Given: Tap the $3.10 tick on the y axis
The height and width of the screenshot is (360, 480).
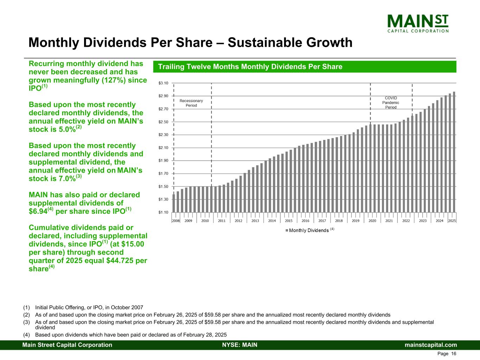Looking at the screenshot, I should pos(164,83).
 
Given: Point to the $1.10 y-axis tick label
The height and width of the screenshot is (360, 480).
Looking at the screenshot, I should pos(164,212).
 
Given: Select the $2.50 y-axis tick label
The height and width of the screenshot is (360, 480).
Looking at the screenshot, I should pos(164,122).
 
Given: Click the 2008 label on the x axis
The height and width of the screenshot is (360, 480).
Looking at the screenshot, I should pos(175,221).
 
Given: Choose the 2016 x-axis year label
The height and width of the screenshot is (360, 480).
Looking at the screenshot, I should pos(305,221).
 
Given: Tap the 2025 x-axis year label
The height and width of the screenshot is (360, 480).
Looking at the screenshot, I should pos(452,221).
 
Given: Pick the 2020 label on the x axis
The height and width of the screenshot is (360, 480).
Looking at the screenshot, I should pos(372,221).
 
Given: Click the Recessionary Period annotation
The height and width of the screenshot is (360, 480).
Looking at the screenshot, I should pos(191,103).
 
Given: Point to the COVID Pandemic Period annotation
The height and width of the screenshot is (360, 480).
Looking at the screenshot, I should pos(391,103).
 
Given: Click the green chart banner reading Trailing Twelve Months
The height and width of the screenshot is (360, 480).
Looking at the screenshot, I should pos(305,67).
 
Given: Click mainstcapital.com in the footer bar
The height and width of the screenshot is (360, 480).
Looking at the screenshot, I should pos(431,345).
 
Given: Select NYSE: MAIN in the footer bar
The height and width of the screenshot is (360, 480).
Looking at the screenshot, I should pos(240,345).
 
